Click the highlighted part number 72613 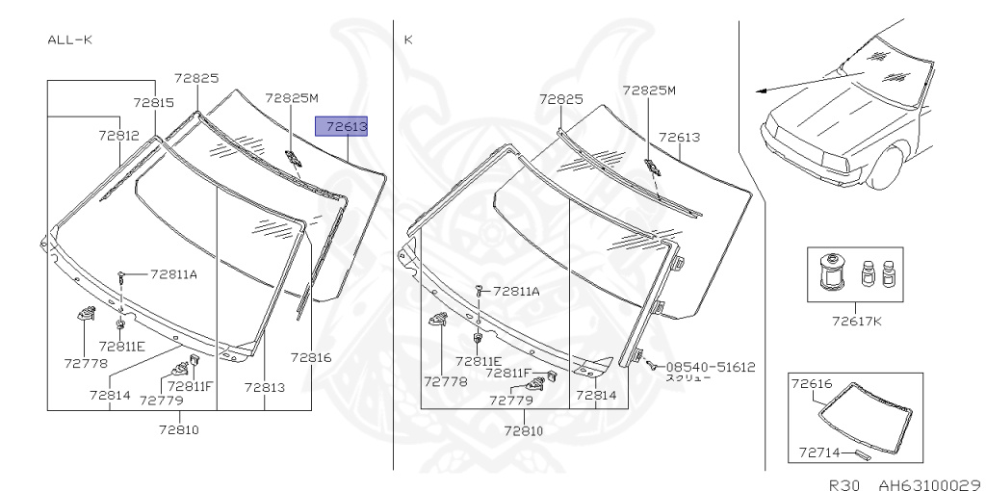[x=342, y=126]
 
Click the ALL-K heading [x=69, y=39]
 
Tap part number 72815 [x=153, y=102]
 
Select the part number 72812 [x=118, y=135]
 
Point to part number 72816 [x=311, y=357]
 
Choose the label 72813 [x=264, y=387]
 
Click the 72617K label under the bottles [x=857, y=322]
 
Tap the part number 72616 [x=812, y=383]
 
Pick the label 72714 [x=820, y=452]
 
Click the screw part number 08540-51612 [x=711, y=367]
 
